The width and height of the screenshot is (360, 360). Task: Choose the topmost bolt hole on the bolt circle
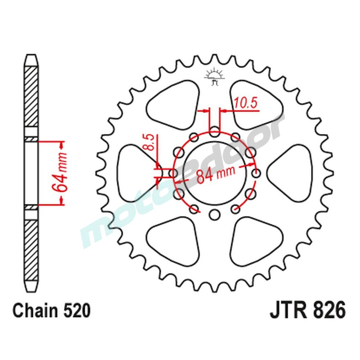tap(215, 131)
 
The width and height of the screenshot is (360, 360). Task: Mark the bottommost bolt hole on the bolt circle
tap(215, 215)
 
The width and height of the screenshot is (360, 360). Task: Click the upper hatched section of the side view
tap(31, 97)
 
